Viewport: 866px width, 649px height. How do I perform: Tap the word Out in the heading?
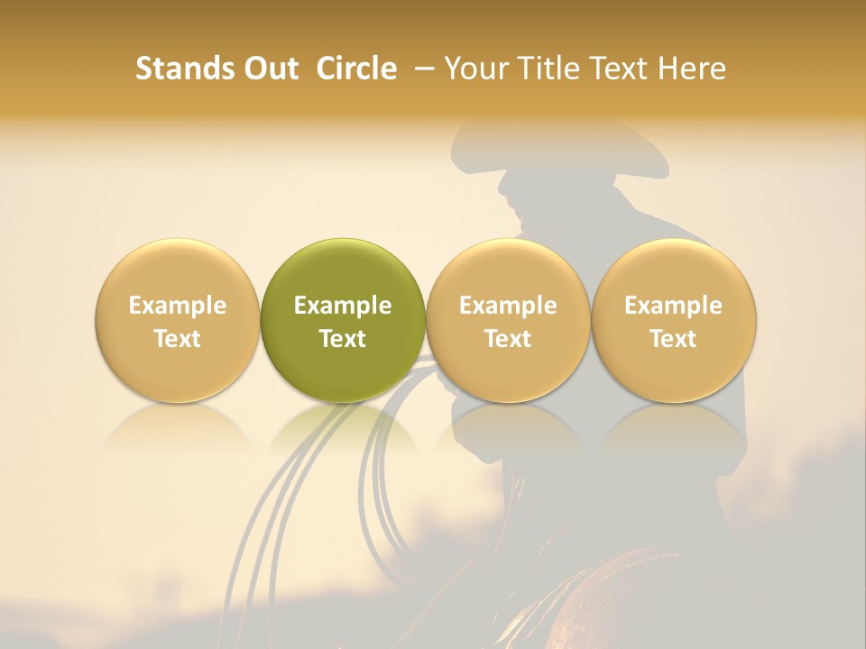click(x=268, y=69)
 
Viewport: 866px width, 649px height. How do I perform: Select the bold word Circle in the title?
click(x=356, y=69)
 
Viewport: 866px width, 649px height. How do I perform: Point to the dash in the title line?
click(x=427, y=69)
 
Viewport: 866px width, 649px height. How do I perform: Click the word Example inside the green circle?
click(x=343, y=306)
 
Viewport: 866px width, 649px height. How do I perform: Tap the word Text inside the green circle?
click(x=343, y=339)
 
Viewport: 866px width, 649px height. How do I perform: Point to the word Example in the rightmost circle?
click(x=674, y=306)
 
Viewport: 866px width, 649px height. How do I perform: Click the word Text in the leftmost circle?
click(x=177, y=339)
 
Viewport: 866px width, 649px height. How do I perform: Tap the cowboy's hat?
click(x=559, y=149)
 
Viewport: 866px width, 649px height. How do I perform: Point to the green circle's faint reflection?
click(x=343, y=428)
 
